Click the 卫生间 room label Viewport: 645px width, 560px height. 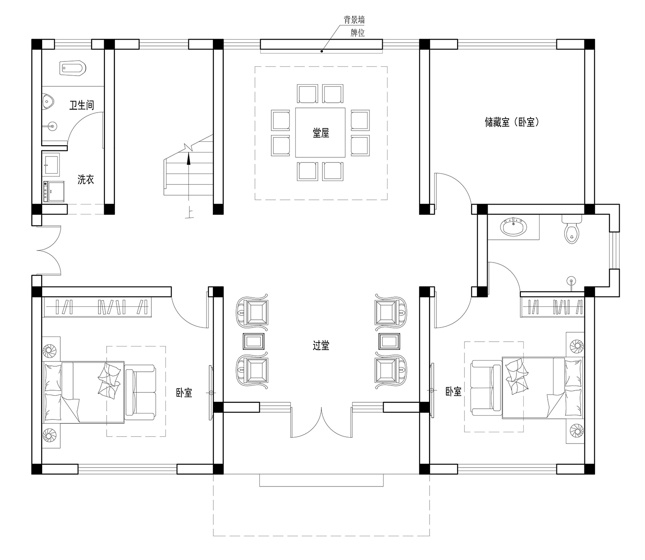pyautogui.click(x=82, y=105)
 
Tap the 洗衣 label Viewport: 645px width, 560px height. pyautogui.click(x=86, y=180)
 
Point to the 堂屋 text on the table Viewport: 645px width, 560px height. pyautogui.click(x=321, y=133)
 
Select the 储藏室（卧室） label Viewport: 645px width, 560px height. pyautogui.click(x=512, y=122)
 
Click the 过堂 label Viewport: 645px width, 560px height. pyautogui.click(x=321, y=346)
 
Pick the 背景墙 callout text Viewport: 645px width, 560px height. pyautogui.click(x=354, y=20)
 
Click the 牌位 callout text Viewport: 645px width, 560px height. pyautogui.click(x=357, y=33)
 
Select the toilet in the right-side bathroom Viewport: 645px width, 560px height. pyautogui.click(x=571, y=230)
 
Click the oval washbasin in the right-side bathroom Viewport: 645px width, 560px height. pyautogui.click(x=513, y=227)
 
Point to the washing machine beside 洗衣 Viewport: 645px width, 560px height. pyautogui.click(x=54, y=192)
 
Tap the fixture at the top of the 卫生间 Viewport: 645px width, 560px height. pyautogui.click(x=73, y=68)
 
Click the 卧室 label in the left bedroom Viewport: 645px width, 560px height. pyautogui.click(x=184, y=393)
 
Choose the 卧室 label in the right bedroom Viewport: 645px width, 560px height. pyautogui.click(x=453, y=392)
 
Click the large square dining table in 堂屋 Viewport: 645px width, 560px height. pyautogui.click(x=320, y=133)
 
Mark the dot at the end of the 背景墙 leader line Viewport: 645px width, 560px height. pyautogui.click(x=322, y=51)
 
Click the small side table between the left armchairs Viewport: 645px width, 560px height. pyautogui.click(x=253, y=341)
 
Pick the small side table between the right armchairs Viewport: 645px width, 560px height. pyautogui.click(x=389, y=341)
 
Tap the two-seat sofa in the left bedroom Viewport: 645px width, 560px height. pyautogui.click(x=140, y=392)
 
